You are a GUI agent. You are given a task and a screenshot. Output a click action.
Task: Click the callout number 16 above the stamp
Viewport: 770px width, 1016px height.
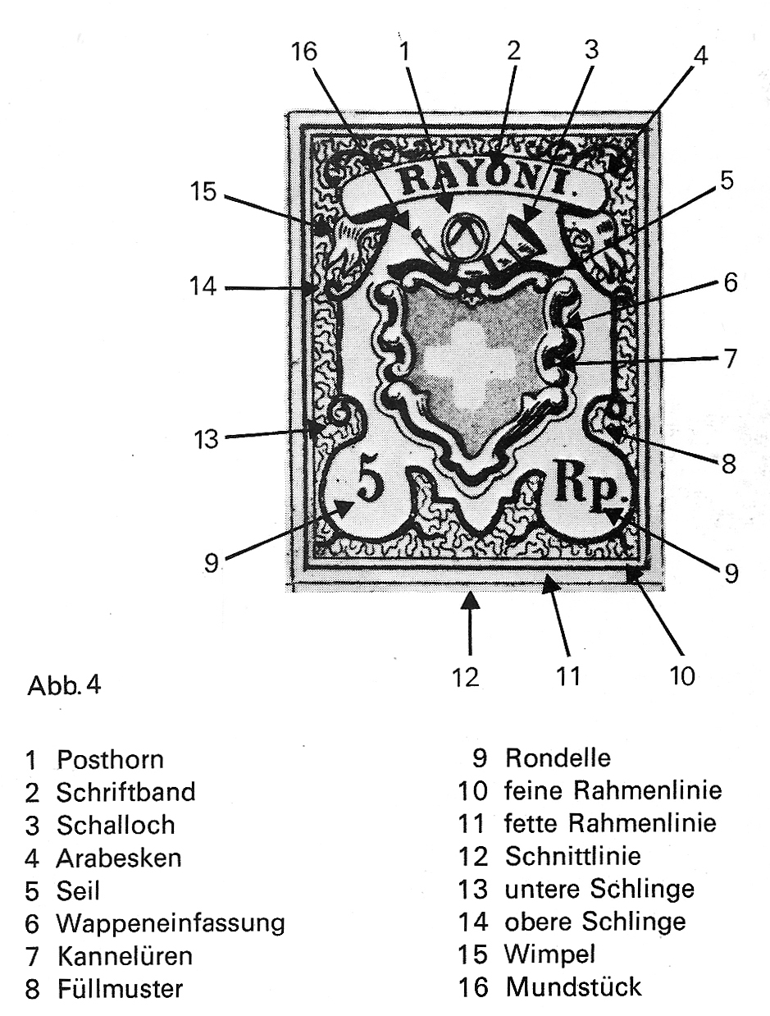[304, 51]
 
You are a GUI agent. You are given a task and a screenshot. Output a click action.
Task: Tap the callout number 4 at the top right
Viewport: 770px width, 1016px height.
[700, 57]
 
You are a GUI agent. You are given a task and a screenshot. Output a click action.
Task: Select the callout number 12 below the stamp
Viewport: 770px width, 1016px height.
[466, 679]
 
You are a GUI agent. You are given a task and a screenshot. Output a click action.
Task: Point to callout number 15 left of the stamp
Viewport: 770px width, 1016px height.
[203, 191]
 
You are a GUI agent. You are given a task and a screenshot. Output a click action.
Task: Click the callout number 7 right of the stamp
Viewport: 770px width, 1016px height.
[729, 359]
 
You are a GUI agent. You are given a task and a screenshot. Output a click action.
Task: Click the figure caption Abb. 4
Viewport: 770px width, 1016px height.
[64, 685]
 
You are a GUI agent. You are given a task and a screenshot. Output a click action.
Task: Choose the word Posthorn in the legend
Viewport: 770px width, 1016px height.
[110, 760]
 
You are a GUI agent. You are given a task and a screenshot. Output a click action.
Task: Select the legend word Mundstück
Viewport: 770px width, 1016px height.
[573, 986]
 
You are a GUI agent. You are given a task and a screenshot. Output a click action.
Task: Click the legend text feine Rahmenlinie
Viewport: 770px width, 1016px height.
[613, 790]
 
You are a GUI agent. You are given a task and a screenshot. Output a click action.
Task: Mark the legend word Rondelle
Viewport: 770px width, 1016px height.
[558, 757]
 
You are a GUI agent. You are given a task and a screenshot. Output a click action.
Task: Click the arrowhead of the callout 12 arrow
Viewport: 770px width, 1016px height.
[471, 601]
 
